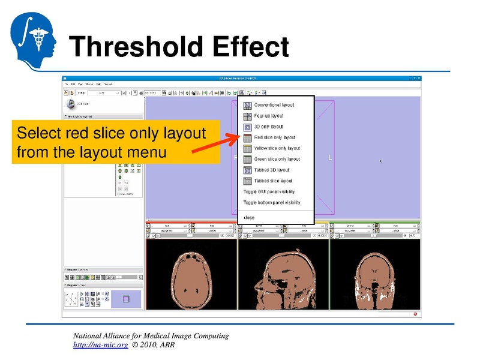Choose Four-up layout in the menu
click(269, 116)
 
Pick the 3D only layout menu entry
click(268, 127)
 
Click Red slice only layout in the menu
click(275, 137)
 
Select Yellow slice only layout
click(277, 148)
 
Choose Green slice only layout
click(277, 159)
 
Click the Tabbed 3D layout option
click(272, 170)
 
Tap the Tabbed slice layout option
click(273, 181)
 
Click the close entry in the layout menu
click(249, 217)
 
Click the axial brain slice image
click(191, 276)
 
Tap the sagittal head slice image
click(283, 276)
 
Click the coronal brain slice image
click(374, 276)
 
